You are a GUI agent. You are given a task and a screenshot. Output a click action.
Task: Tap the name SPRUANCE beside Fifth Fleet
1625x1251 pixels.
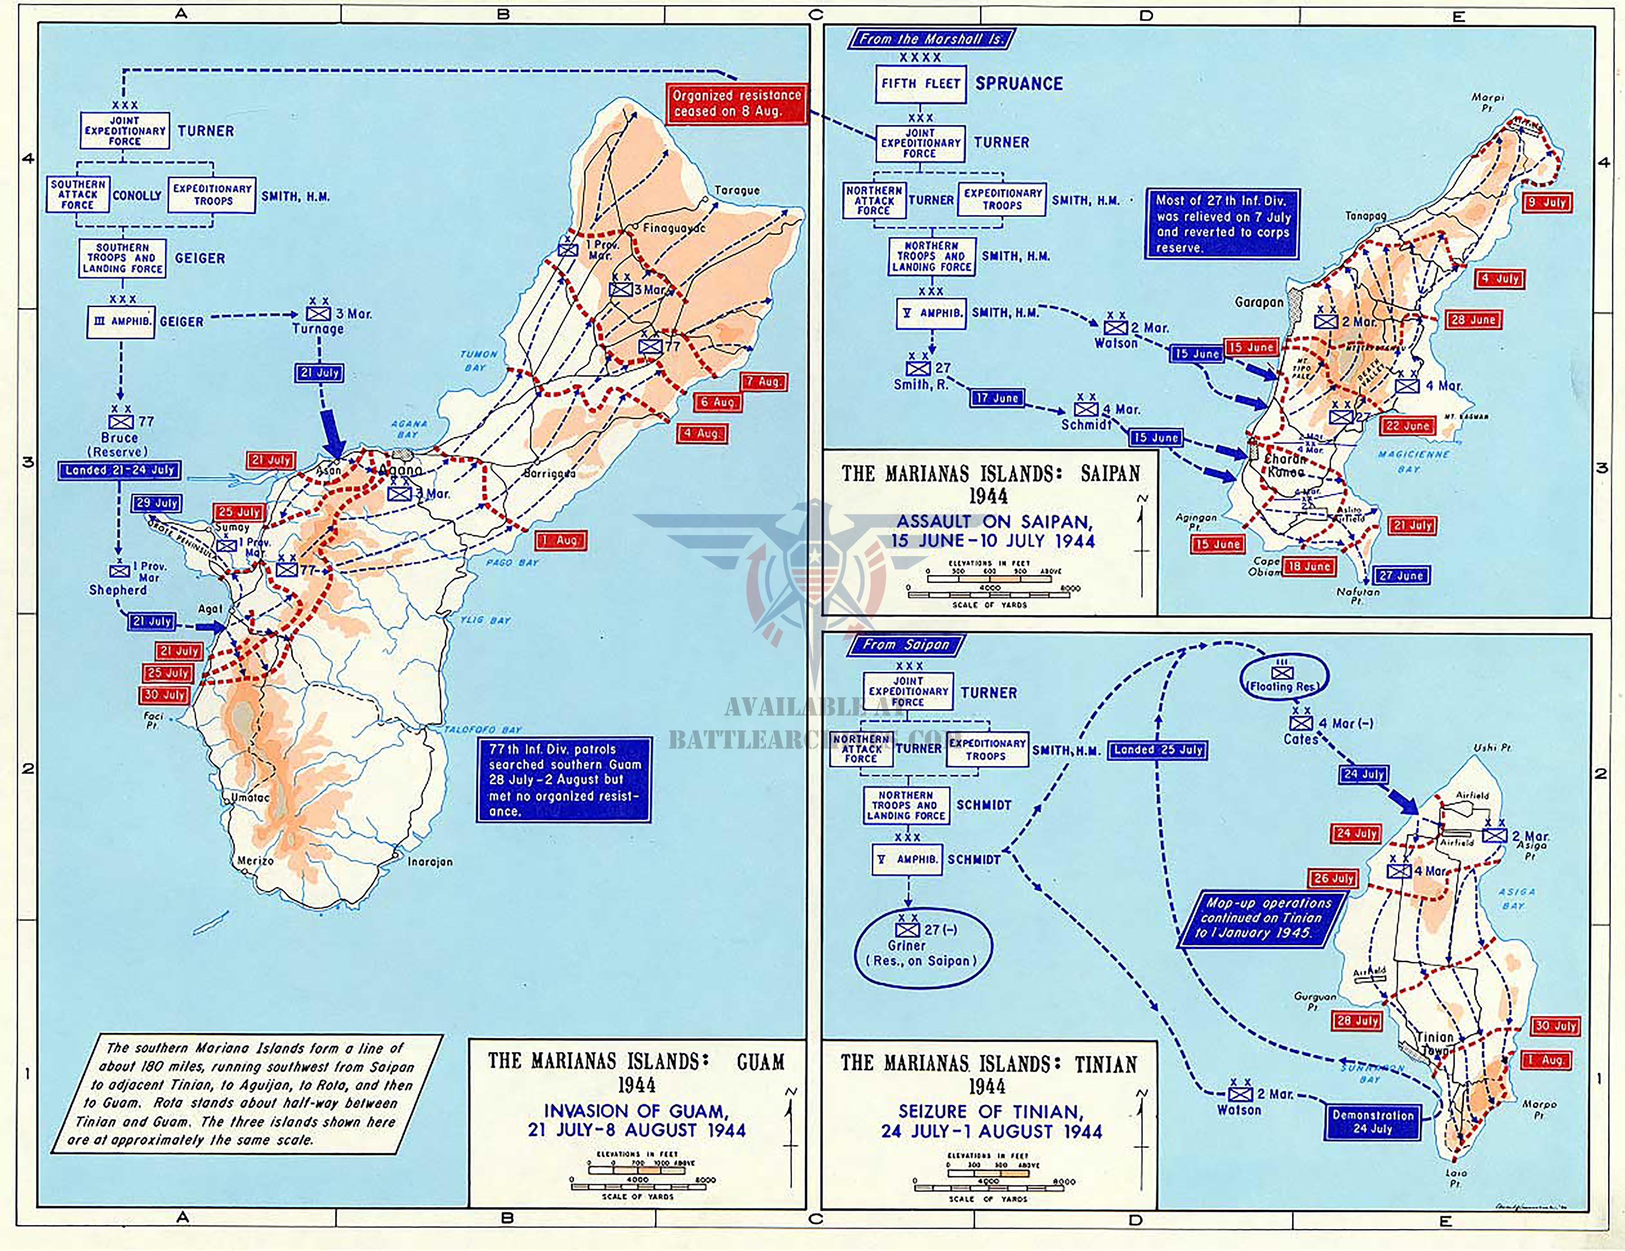1019,84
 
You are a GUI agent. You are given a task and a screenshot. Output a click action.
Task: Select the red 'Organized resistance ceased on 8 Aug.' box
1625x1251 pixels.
735,103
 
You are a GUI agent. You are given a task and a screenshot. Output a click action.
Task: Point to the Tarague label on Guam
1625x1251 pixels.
737,190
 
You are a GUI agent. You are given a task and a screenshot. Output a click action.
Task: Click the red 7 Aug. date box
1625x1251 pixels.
763,381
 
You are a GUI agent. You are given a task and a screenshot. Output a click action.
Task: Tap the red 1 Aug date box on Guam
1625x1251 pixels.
561,541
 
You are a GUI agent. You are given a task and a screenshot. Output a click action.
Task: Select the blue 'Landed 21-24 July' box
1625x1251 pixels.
119,470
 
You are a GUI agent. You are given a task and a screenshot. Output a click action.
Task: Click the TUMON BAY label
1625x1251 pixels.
478,361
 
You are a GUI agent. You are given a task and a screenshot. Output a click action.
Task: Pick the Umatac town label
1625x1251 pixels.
250,797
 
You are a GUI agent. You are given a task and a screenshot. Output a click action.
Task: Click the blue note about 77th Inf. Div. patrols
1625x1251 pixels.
563,779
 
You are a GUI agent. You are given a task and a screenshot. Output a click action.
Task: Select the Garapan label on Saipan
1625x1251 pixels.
1259,303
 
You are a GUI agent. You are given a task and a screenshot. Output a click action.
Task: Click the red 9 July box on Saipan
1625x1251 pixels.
1546,202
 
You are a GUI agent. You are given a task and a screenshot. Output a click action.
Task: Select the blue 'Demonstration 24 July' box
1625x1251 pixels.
1372,1121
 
